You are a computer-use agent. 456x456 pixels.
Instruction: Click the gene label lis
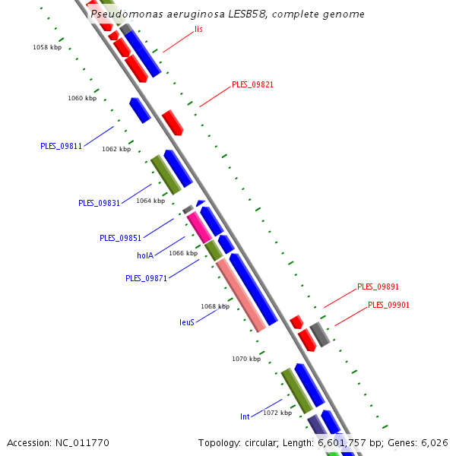point(198,29)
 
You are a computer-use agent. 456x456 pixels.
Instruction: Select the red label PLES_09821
point(252,84)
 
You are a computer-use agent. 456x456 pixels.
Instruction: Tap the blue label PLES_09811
point(61,146)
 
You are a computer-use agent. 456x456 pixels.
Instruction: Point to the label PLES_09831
point(99,203)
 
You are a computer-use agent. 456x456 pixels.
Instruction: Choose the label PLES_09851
point(120,238)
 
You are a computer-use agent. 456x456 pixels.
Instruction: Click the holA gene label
point(146,255)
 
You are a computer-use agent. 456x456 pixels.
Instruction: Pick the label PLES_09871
point(146,278)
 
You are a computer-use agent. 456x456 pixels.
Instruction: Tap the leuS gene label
point(187,322)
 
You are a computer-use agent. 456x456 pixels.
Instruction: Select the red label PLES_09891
point(378,287)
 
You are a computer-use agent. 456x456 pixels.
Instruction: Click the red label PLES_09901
point(388,305)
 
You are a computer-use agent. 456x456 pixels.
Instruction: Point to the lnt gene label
point(245,416)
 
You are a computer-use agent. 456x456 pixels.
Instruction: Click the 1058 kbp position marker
point(47,47)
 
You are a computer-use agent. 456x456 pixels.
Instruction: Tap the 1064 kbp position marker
point(150,201)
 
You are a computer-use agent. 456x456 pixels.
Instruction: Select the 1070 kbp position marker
point(246,358)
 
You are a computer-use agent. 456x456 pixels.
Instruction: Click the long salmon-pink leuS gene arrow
point(242,296)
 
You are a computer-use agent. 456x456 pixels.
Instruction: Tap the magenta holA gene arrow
point(199,227)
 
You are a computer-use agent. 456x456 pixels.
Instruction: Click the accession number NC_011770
point(82,442)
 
